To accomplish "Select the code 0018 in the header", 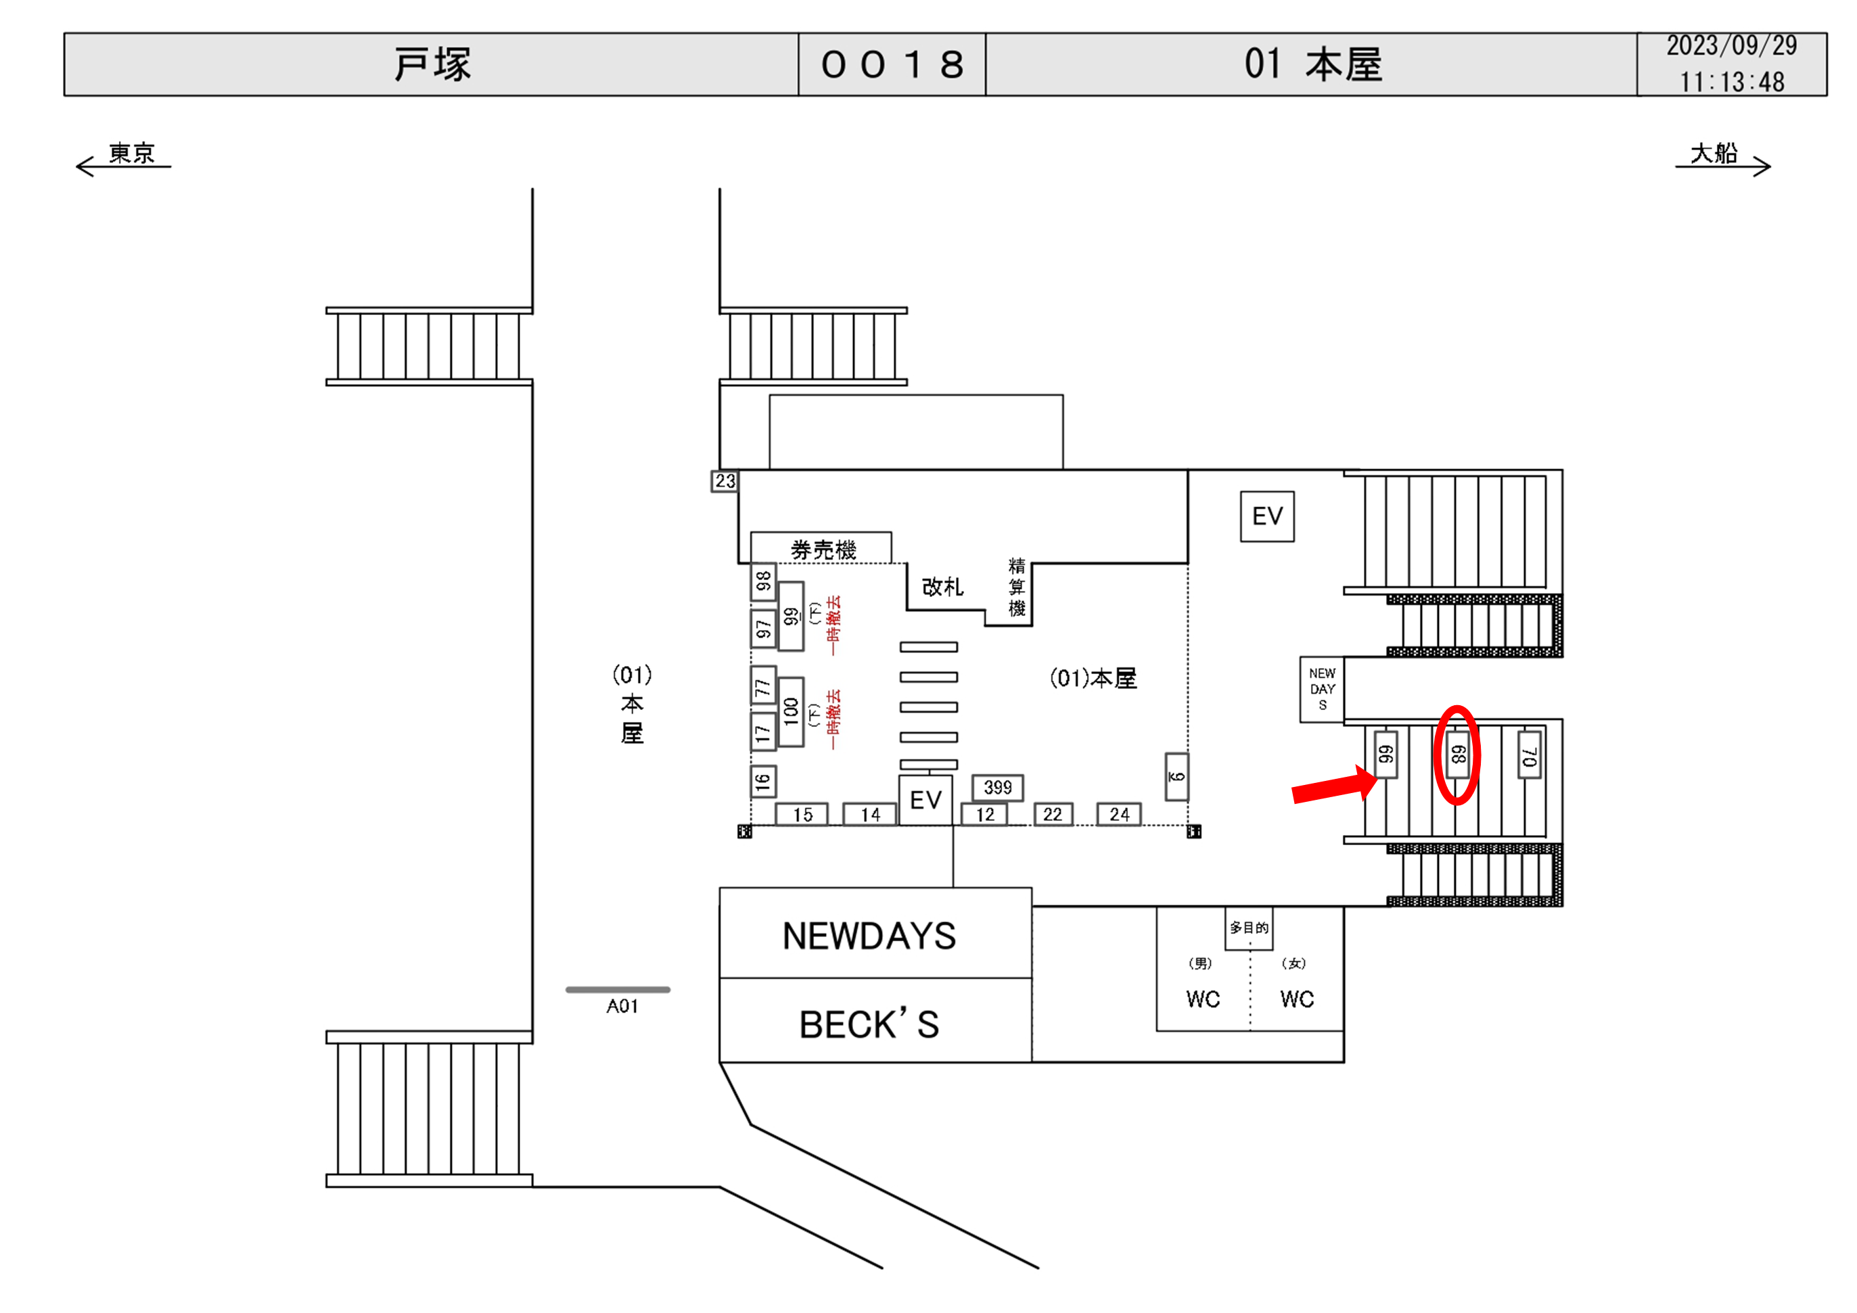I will tap(892, 65).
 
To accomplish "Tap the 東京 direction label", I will tap(131, 153).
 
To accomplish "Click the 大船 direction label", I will tap(1713, 153).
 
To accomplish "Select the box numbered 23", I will tap(725, 481).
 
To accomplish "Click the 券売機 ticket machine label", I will tap(823, 550).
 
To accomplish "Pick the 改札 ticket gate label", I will tap(942, 587).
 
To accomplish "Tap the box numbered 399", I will tap(997, 787).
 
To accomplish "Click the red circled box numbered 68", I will tap(1457, 755).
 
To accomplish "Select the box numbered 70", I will tap(1529, 755).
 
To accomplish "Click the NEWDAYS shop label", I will tap(869, 936).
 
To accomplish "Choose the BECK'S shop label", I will tap(869, 1024).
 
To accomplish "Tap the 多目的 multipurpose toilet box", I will tap(1249, 928).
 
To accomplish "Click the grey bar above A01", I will tap(618, 988).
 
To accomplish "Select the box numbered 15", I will tap(802, 814).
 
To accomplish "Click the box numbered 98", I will tap(762, 581).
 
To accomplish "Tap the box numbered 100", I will tap(790, 711).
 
